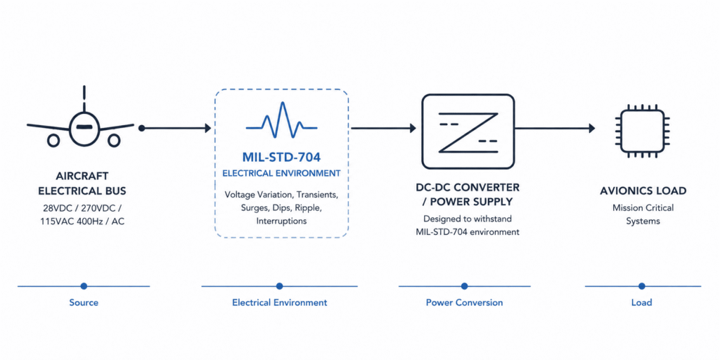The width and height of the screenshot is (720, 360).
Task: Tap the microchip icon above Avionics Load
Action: tap(642, 130)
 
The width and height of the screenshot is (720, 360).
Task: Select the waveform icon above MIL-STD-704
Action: tap(281, 120)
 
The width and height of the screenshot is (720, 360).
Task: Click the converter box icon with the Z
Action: tap(468, 131)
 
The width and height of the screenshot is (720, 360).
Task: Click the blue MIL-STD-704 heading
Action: tap(281, 157)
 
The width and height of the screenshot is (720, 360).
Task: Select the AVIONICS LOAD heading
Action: tap(643, 191)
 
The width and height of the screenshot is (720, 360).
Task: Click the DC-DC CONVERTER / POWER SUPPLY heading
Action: tap(467, 195)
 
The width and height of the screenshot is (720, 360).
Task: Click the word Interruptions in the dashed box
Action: tap(281, 221)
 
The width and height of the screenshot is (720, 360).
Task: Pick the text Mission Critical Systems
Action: tap(643, 214)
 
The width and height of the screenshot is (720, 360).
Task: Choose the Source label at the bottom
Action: tap(84, 303)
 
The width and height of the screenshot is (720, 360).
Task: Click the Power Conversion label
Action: tap(464, 303)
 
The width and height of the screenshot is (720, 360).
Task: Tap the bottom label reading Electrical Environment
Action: tap(280, 303)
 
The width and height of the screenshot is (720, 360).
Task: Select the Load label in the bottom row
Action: tap(641, 303)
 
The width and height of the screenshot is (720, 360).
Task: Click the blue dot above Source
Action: tap(84, 286)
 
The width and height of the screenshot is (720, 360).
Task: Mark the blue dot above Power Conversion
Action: tap(464, 286)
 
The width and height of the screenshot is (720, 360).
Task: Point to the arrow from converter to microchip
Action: tap(555, 128)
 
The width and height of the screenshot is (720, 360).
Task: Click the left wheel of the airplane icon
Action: tap(53, 141)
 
